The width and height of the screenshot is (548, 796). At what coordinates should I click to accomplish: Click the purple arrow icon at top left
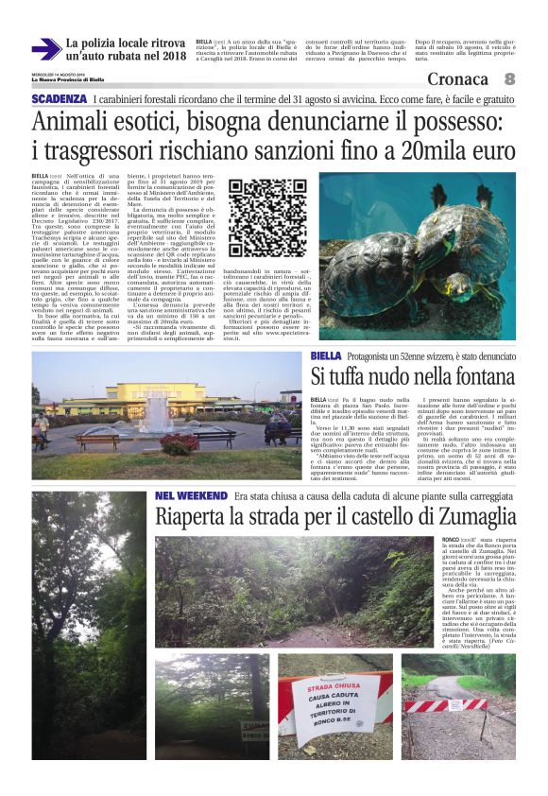point(45,49)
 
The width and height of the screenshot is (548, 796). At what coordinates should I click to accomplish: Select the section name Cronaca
point(458,78)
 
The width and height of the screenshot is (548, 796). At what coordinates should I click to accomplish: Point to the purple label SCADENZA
point(59,98)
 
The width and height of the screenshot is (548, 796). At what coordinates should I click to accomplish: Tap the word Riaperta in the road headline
point(196,517)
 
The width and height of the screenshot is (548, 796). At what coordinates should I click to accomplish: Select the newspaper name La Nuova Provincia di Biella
point(68,80)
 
